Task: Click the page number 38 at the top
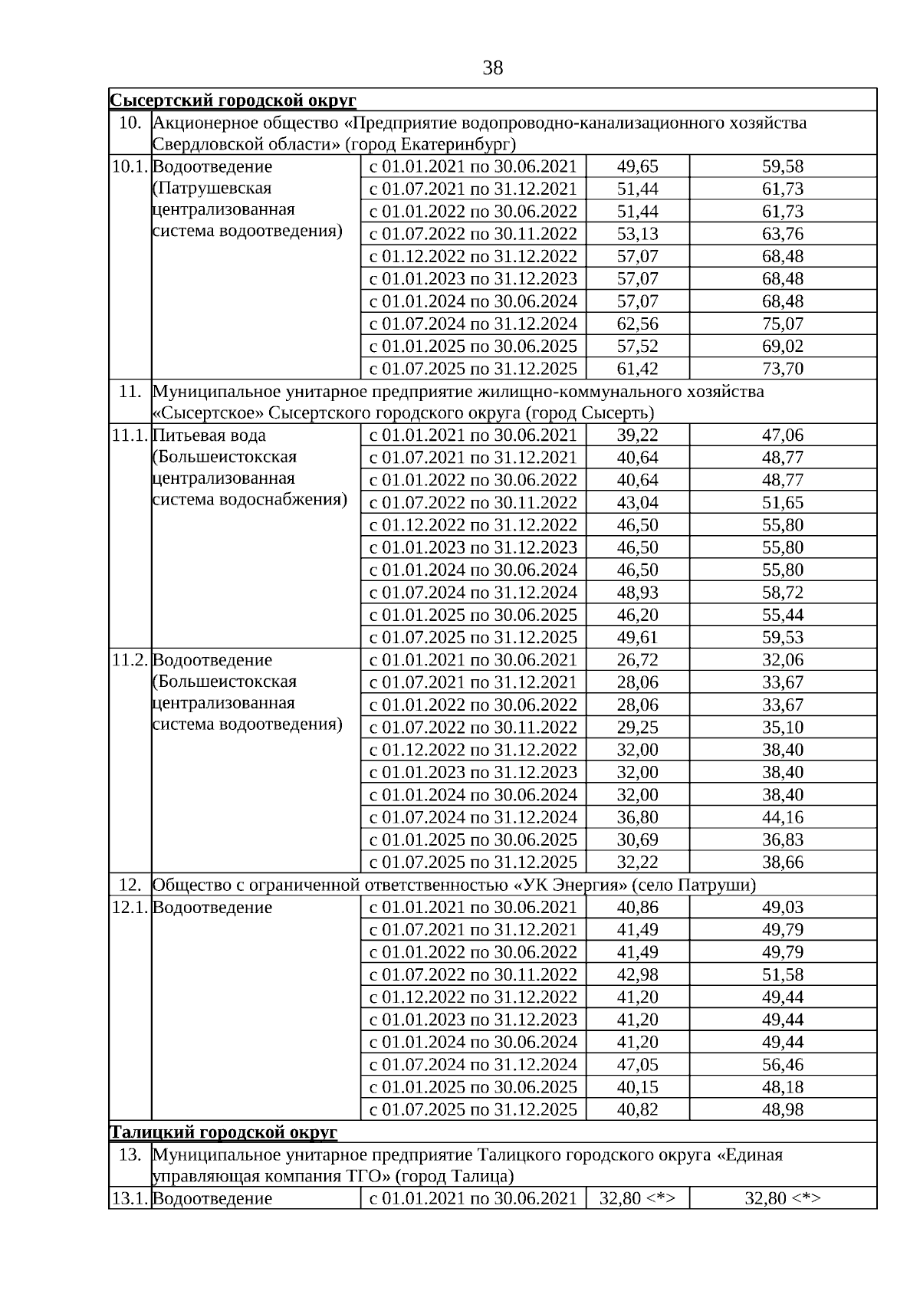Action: point(493,68)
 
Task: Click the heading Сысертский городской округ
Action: point(233,100)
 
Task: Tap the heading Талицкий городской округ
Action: point(223,1132)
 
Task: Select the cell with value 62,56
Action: point(637,324)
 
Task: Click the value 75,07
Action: point(782,324)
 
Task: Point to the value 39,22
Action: point(637,435)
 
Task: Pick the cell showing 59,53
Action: point(782,637)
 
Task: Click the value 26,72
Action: point(637,660)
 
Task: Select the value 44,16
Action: point(782,817)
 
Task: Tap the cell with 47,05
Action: point(637,1064)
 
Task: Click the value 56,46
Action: point(782,1064)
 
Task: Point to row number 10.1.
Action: point(130,166)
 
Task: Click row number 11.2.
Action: point(130,660)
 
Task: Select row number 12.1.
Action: point(130,907)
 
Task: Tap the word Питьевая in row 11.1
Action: point(185,435)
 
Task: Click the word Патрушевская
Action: point(212,188)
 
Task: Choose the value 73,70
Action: point(782,369)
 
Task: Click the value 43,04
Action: point(637,503)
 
